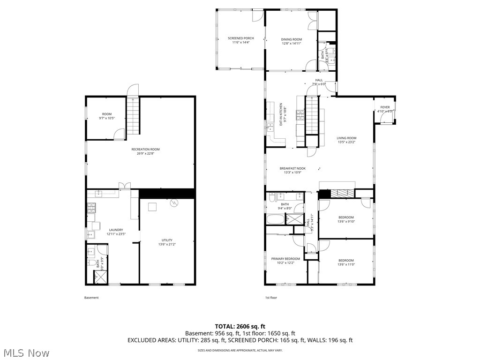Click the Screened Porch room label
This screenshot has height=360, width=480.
(x=240, y=38)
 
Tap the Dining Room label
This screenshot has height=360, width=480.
(x=291, y=39)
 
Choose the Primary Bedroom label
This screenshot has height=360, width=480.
(x=285, y=259)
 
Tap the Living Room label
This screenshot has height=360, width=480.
(x=346, y=138)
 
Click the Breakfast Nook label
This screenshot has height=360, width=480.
(x=292, y=168)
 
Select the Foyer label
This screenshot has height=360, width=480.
(x=385, y=107)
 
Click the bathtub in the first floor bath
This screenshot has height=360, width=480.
(x=277, y=219)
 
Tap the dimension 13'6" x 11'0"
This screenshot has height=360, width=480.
(x=346, y=265)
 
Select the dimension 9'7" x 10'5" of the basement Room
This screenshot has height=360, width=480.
(x=107, y=119)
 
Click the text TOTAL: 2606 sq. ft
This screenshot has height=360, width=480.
(x=240, y=326)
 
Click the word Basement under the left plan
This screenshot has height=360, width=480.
(x=91, y=298)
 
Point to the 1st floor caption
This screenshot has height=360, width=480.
(x=271, y=298)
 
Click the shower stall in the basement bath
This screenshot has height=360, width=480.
(x=100, y=277)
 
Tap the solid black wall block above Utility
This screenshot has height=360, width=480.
(x=167, y=193)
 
